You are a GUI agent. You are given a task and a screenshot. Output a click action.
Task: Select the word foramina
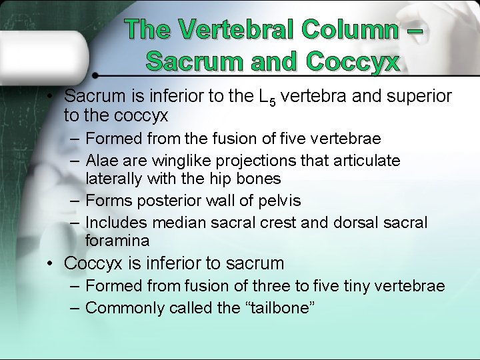click(117, 240)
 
